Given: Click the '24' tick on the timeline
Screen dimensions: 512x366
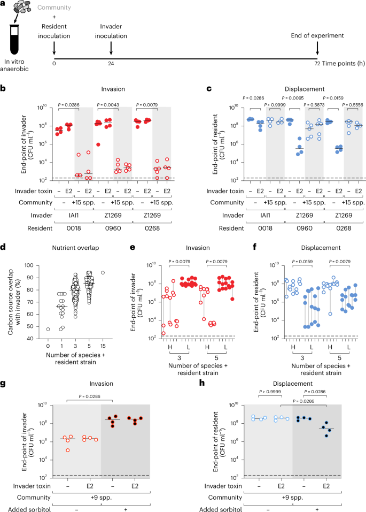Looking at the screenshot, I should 111,63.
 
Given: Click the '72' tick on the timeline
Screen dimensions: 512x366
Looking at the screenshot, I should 317,63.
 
